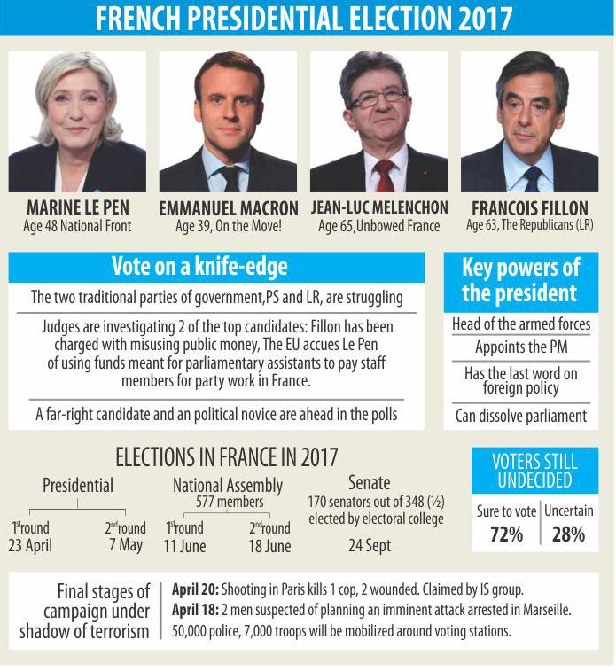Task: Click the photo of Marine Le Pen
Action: point(77,121)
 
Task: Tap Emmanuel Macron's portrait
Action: point(228,121)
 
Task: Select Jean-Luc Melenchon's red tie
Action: point(384,176)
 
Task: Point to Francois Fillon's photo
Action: point(529,121)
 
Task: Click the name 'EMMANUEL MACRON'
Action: point(229,209)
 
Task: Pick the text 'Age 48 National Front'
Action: point(77,226)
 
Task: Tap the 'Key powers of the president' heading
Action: point(520,281)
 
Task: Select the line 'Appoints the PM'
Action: point(521,347)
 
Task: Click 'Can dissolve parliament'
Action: point(521,415)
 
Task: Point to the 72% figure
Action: point(506,534)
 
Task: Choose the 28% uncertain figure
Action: point(567,534)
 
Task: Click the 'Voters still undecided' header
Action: point(534,471)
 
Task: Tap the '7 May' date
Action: point(126,544)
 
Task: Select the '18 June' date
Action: point(269,546)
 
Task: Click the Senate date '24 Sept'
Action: point(369,545)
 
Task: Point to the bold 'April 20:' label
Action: point(194,589)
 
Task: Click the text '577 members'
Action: point(227,502)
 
